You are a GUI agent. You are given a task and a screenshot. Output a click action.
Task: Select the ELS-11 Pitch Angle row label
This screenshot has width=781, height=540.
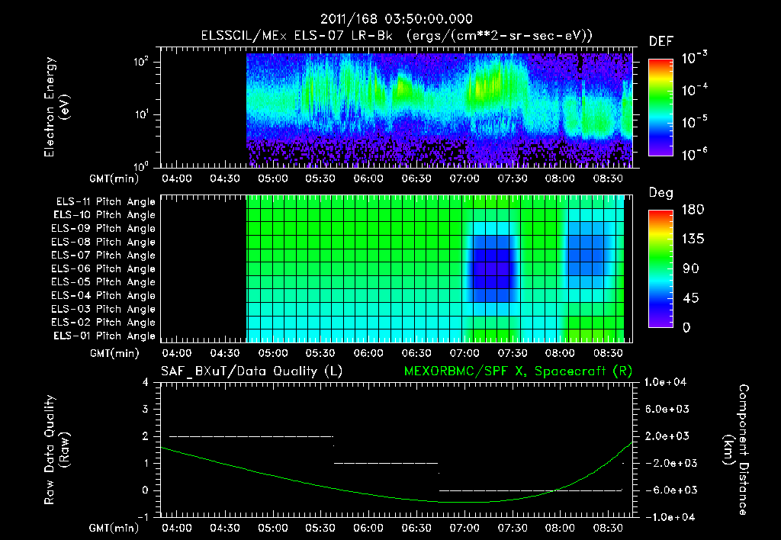104,201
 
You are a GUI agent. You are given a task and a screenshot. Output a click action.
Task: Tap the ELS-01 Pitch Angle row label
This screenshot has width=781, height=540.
104,336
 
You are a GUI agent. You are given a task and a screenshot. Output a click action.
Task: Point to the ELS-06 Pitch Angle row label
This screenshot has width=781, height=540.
104,268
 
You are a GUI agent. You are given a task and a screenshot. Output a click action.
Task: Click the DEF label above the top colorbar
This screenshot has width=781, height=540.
660,42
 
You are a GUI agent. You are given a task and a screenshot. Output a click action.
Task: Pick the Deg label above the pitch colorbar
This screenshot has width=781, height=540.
660,193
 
